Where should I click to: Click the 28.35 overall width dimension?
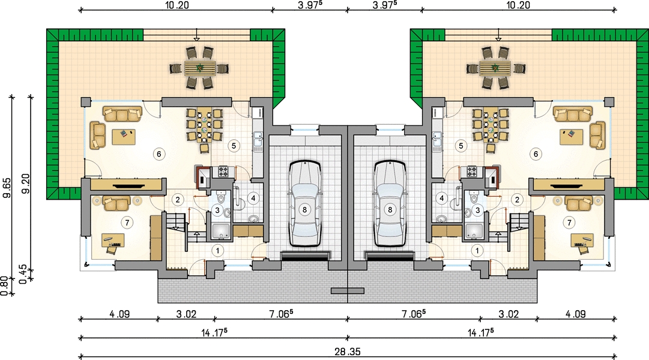click(x=348, y=352)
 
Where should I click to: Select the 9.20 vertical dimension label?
click(x=26, y=184)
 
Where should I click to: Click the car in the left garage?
click(x=304, y=203)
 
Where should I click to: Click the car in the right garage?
click(x=390, y=203)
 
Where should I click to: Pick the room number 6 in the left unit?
click(x=159, y=154)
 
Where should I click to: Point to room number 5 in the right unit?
click(x=460, y=146)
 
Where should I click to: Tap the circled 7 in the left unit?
click(x=127, y=223)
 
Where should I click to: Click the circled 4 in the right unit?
click(x=442, y=199)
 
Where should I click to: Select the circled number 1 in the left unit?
click(x=217, y=250)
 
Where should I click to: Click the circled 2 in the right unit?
click(x=517, y=200)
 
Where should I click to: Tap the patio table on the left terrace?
click(x=200, y=68)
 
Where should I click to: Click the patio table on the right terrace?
click(x=495, y=68)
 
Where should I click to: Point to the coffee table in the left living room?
click(x=124, y=137)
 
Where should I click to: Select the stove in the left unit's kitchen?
click(x=223, y=172)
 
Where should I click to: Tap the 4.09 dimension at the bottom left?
click(x=119, y=314)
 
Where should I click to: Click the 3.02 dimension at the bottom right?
click(x=509, y=314)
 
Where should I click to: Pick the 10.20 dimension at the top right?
click(x=518, y=5)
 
